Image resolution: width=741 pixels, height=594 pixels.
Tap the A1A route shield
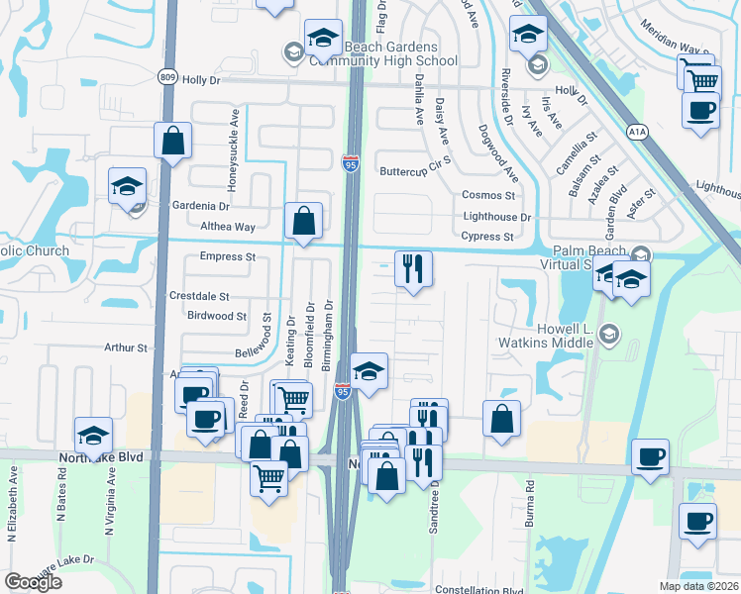pyautogui.click(x=638, y=129)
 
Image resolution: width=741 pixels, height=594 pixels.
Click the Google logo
pyautogui.click(x=33, y=582)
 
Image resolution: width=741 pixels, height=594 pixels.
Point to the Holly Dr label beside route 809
pyautogui.click(x=199, y=79)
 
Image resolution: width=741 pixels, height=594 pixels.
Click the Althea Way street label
pyautogui.click(x=228, y=227)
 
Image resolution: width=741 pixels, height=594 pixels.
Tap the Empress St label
pyautogui.click(x=228, y=256)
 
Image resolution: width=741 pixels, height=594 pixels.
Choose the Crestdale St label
pyautogui.click(x=199, y=296)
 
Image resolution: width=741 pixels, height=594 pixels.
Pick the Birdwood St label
pyautogui.click(x=216, y=316)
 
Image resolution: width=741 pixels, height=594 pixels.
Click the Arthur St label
pyautogui.click(x=126, y=347)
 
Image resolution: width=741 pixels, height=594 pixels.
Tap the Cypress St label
pyautogui.click(x=487, y=237)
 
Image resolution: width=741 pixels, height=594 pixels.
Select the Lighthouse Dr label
pyautogui.click(x=496, y=217)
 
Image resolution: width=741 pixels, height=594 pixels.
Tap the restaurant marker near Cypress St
pyautogui.click(x=413, y=268)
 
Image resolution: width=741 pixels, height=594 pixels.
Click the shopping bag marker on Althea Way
pyautogui.click(x=303, y=221)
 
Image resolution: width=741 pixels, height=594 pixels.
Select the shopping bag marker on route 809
pyautogui.click(x=172, y=141)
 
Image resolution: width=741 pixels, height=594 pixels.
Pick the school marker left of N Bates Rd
pyautogui.click(x=94, y=435)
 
